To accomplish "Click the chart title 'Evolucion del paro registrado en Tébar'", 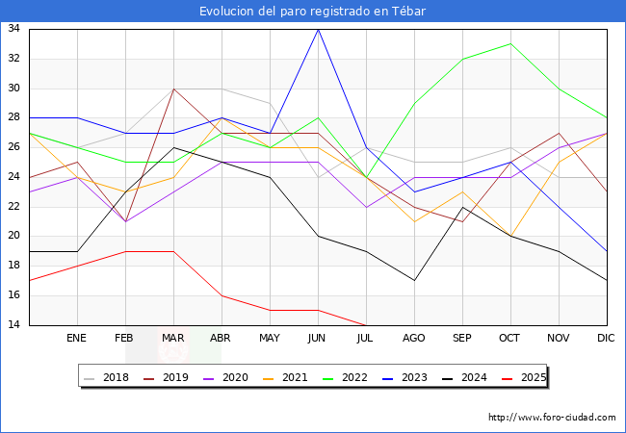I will click(x=313, y=11).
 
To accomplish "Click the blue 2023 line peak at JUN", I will click(x=318, y=29).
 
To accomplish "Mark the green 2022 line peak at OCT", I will click(x=510, y=43).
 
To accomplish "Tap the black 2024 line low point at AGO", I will click(x=414, y=280).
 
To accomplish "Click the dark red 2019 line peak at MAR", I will click(x=173, y=89).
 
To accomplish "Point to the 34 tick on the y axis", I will click(x=14, y=29).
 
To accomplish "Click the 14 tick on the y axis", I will click(x=14, y=325).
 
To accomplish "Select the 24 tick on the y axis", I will click(x=14, y=177).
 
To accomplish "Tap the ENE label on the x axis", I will click(x=77, y=339).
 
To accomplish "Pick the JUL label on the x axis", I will click(x=366, y=339).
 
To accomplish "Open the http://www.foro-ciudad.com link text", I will click(x=552, y=418).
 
